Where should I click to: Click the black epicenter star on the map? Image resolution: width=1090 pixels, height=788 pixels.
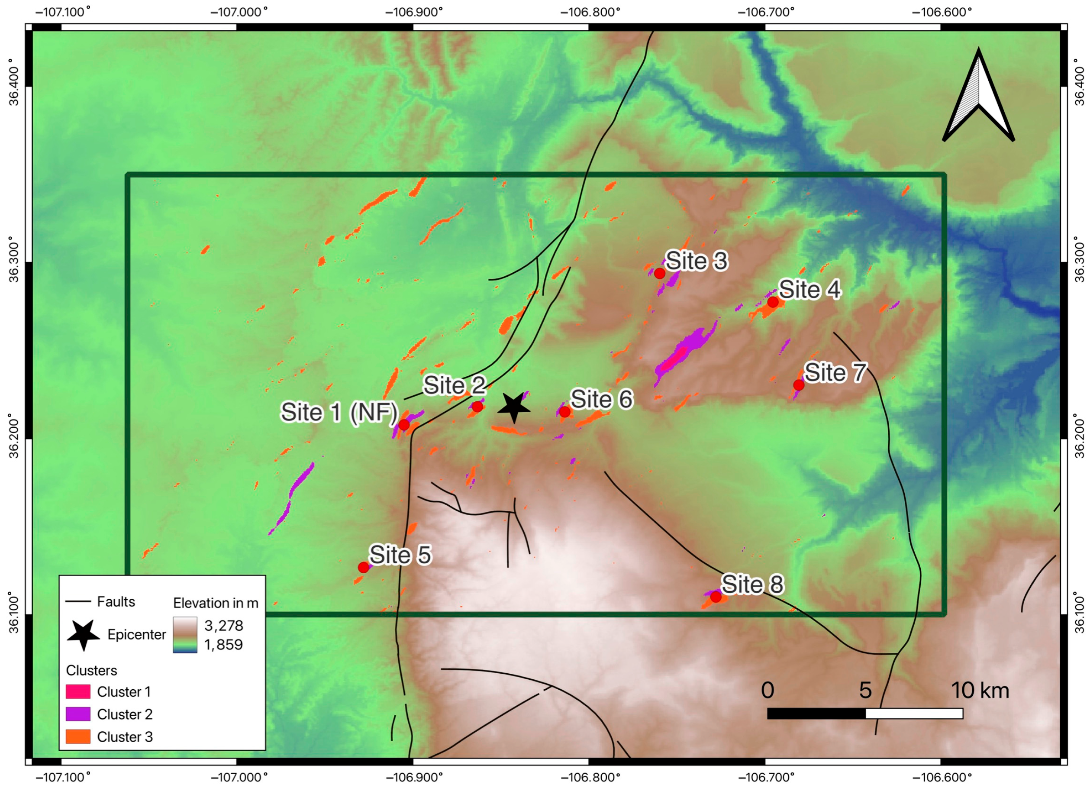tap(513, 407)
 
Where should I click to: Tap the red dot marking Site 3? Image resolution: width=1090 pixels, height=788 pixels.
tap(660, 274)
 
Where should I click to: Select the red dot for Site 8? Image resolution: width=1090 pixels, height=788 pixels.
tap(716, 597)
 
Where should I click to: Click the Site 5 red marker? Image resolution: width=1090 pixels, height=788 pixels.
tap(364, 567)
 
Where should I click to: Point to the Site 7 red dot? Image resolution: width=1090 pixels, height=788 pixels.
tap(799, 384)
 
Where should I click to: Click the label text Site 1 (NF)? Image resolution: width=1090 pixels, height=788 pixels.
tap(339, 413)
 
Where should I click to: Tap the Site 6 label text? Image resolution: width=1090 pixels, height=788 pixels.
tap(601, 399)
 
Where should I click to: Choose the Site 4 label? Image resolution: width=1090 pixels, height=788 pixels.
tap(810, 289)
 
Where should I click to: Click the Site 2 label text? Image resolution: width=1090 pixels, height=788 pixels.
tap(454, 385)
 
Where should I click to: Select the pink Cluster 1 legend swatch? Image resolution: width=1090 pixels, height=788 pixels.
tap(78, 692)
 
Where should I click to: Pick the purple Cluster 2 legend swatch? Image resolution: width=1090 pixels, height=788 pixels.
tap(78, 714)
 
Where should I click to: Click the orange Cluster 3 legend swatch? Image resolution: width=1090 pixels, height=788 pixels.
tap(78, 736)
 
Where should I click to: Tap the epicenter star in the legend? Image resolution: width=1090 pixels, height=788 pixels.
tap(83, 635)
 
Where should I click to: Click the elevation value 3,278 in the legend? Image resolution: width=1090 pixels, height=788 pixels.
tap(223, 626)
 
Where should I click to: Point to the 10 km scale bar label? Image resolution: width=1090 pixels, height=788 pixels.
tap(980, 691)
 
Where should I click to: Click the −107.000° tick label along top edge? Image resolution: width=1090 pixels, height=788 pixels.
tap(239, 12)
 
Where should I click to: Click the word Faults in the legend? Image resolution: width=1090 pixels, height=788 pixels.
tap(116, 601)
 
